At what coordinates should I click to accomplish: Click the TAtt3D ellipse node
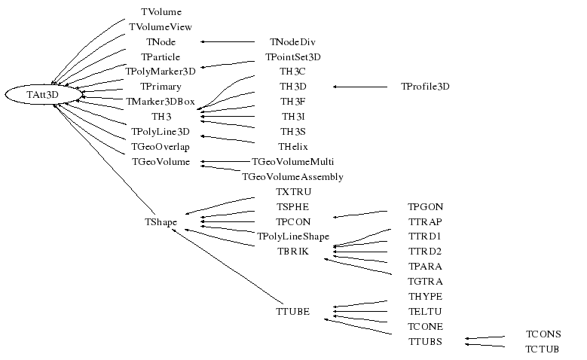[x=42, y=94]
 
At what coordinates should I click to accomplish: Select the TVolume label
[x=161, y=12]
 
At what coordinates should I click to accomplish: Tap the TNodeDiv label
[x=292, y=42]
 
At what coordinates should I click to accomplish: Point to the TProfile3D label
[x=425, y=87]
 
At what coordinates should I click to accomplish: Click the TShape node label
[x=161, y=222]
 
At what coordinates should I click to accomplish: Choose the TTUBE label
[x=292, y=311]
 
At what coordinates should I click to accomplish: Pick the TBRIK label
[x=292, y=252]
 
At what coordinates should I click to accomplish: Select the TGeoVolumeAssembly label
[x=292, y=177]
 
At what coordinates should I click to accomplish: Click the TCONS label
[x=543, y=334]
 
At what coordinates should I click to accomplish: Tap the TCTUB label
[x=543, y=349]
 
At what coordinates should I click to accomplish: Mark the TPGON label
[x=425, y=207]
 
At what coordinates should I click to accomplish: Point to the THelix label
[x=292, y=147]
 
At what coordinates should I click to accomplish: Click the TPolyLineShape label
[x=292, y=236]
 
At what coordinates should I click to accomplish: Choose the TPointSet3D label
[x=292, y=57]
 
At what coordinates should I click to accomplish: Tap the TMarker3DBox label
[x=161, y=102]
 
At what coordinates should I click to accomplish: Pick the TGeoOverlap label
[x=161, y=147]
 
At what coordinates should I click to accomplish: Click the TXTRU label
[x=292, y=192]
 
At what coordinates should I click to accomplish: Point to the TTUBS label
[x=425, y=341]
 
